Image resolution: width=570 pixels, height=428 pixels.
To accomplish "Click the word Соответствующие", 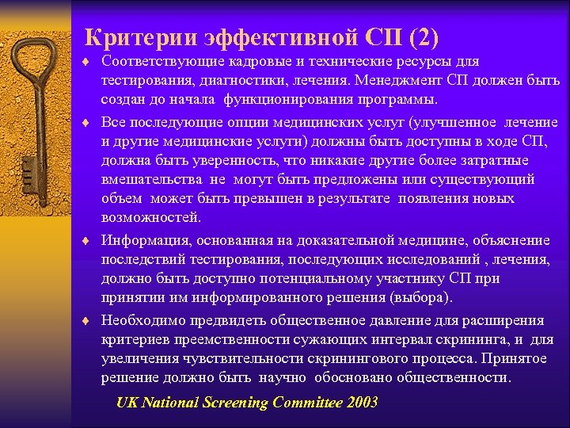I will (x=159, y=62).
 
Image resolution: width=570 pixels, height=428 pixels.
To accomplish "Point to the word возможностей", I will (x=151, y=218).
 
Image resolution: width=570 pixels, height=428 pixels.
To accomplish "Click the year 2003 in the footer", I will (x=362, y=403).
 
